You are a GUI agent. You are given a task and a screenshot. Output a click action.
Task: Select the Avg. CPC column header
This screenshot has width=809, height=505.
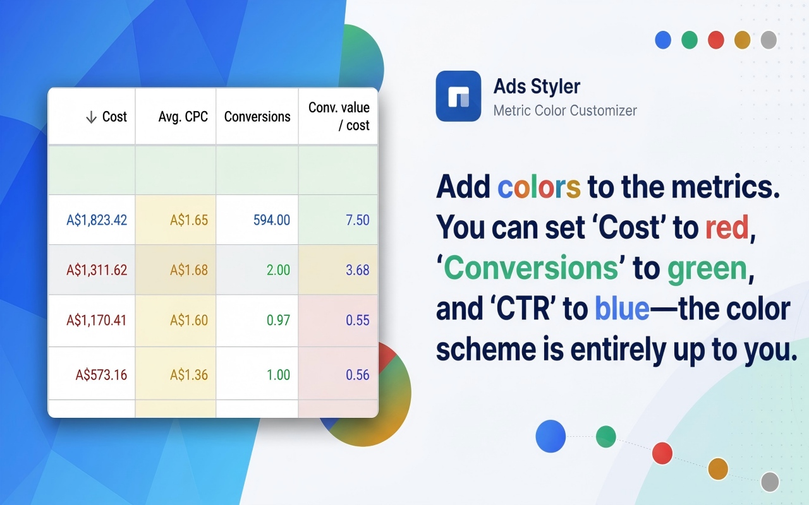pos(183,117)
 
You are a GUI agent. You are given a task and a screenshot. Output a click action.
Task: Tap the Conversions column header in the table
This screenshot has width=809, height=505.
pos(257,117)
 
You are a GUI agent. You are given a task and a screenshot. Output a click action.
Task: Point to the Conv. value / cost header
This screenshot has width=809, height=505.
pos(339,116)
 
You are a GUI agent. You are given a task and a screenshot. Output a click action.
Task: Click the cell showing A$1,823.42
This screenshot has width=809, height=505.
pos(97,220)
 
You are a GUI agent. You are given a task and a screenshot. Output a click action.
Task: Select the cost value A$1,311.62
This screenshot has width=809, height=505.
pos(97,270)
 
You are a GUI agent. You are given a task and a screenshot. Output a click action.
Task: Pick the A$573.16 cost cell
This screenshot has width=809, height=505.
pos(101,375)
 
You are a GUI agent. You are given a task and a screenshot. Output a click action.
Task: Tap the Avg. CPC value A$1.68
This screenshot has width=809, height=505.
pos(189,270)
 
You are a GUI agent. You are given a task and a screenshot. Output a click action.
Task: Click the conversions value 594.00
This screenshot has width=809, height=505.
pos(272,220)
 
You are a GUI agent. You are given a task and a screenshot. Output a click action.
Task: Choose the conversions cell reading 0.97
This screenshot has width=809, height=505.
pos(278,320)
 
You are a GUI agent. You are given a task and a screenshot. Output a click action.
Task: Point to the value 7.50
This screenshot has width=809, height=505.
pos(358,220)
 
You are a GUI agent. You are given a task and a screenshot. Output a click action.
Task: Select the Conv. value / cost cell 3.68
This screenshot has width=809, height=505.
pos(358,270)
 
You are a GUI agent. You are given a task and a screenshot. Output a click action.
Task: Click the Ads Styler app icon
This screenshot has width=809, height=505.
pos(458,96)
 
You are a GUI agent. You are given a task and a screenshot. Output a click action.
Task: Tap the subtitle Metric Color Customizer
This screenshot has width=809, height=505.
pos(565,110)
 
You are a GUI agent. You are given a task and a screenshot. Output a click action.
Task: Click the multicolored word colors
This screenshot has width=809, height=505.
pos(539,187)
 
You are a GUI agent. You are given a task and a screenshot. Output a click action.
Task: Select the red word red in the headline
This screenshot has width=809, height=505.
pos(727,227)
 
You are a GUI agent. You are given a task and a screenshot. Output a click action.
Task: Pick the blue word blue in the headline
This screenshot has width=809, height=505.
pos(622,308)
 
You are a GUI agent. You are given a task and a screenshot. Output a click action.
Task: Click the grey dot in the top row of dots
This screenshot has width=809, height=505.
pos(769,40)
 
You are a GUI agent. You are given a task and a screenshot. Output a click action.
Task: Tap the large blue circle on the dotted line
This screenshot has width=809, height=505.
pos(550,436)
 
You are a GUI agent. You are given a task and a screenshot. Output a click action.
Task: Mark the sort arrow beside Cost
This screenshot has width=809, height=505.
pos(92,117)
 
